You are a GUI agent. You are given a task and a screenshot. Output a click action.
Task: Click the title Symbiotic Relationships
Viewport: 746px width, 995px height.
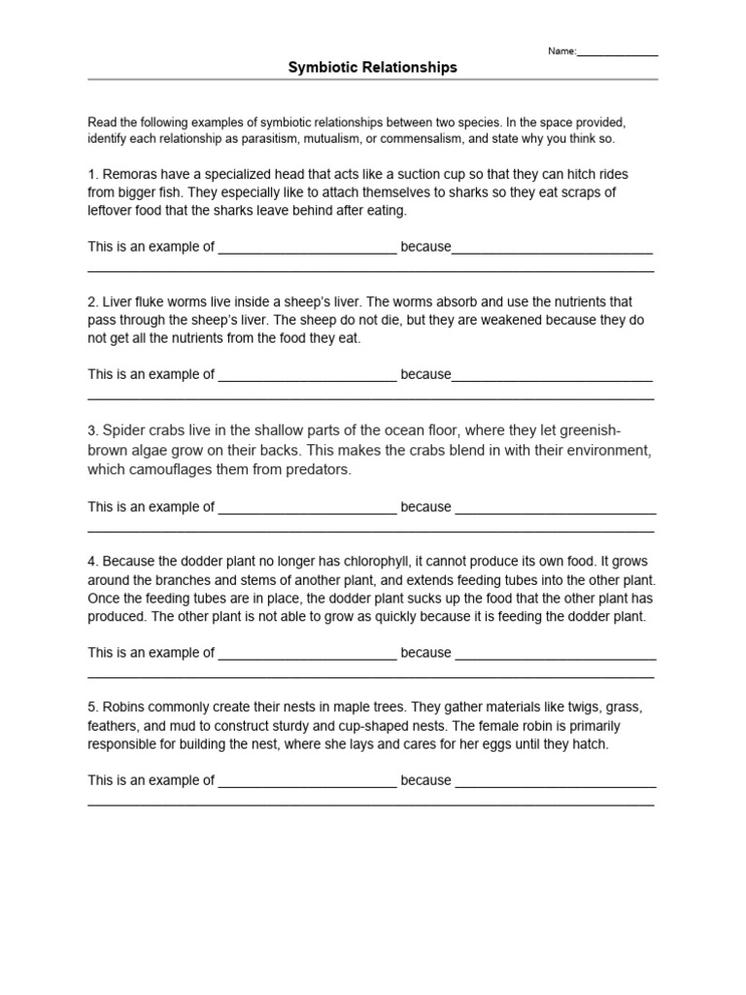[x=372, y=67]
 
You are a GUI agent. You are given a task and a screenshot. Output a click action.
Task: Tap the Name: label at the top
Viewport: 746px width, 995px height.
[x=561, y=51]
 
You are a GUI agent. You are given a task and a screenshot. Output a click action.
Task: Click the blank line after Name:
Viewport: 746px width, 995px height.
[x=618, y=53]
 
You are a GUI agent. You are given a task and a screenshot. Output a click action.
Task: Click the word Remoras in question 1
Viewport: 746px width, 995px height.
[x=126, y=174]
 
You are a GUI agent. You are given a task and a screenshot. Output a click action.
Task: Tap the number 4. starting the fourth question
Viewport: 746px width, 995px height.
[x=93, y=561]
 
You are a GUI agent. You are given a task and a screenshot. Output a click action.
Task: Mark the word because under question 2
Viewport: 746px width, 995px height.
[x=425, y=374]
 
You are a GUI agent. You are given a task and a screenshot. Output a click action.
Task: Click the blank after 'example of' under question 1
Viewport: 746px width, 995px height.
[x=307, y=248]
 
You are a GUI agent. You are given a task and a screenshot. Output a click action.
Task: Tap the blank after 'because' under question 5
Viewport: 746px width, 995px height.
[x=555, y=781]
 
